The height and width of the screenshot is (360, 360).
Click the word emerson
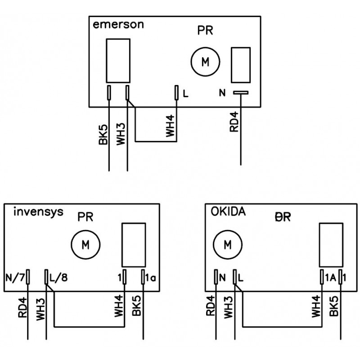118,25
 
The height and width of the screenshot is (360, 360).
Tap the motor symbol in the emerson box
205,62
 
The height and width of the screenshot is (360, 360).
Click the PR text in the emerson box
205,31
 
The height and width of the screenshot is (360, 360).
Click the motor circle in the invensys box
85,245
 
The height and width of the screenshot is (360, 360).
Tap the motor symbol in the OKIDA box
227,245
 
